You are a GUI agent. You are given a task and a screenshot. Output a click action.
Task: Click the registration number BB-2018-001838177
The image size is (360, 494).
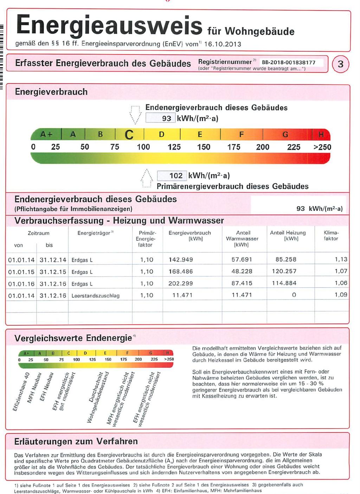pos(288,62)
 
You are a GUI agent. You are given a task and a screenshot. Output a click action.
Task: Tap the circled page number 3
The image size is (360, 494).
pos(340,64)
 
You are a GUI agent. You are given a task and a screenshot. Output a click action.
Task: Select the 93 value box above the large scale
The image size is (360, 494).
pos(161,118)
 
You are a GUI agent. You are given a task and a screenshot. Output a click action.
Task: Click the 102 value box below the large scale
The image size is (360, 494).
pos(172,176)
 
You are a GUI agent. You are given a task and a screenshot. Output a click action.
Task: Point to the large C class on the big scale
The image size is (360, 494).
pos(129,135)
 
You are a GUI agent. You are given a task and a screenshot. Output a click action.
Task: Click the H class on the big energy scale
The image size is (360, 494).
pos(321,134)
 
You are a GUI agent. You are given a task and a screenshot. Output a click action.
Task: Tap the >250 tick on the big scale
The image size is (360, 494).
pos(322,147)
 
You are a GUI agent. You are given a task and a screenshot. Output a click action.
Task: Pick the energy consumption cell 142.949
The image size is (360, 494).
pos(181,260)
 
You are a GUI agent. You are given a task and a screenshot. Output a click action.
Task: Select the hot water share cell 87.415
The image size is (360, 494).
pos(242,283)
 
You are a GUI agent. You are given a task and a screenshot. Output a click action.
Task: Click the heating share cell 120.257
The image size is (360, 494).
pos(284,271)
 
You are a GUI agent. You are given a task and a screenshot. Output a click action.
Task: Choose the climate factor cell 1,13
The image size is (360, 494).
pos(341,259)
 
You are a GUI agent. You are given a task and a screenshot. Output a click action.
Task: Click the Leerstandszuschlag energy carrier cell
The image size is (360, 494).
pos(95,296)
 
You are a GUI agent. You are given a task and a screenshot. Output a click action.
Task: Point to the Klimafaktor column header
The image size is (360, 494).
pos(331,235)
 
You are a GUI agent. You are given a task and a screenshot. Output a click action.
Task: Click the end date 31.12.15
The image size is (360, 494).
pos(53,272)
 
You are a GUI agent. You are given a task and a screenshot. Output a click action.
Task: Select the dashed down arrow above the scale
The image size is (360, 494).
pos(135,114)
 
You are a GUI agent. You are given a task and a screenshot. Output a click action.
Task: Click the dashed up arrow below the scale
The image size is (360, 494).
pos(146,179)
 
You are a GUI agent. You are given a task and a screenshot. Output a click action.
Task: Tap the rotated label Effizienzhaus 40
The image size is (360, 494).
pos(21,392)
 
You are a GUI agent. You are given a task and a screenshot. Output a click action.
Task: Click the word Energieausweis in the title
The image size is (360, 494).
pos(109,25)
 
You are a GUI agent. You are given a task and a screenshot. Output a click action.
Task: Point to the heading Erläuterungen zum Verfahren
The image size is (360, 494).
pos(76,441)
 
